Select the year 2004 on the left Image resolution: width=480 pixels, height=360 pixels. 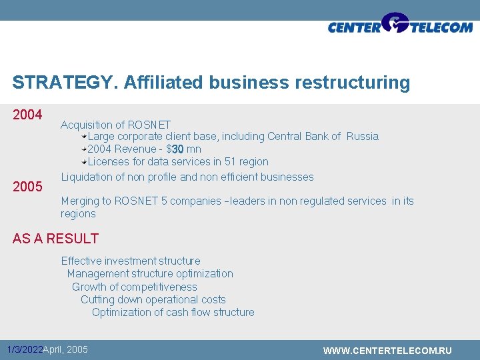[27, 115]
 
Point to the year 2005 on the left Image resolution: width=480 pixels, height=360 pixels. [27, 187]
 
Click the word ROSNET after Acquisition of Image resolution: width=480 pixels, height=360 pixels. [149, 125]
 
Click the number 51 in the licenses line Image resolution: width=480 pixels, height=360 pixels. [231, 162]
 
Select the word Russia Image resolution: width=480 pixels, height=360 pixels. [363, 137]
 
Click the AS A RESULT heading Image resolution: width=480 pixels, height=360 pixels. [55, 239]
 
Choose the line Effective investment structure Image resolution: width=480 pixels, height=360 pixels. [131, 261]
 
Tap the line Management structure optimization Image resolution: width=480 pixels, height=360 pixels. [150, 274]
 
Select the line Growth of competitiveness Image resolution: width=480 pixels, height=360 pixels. [135, 287]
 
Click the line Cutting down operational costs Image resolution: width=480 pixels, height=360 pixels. [153, 299]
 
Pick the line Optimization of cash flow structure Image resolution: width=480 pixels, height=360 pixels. [173, 312]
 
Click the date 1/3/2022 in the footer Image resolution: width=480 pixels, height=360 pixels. [24, 349]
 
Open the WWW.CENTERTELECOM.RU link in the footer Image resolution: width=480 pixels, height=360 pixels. [387, 351]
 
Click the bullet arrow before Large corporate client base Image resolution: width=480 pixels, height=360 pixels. [84, 137]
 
